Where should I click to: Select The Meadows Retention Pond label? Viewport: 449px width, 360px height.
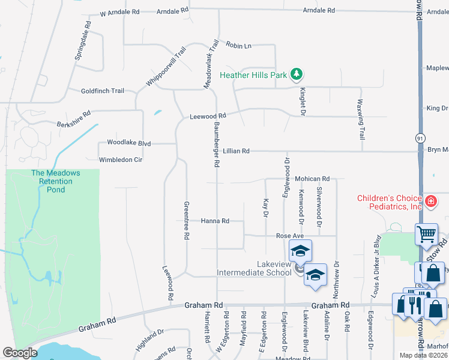56,181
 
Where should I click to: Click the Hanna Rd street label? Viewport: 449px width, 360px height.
215,221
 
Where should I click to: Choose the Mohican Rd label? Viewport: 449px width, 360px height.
312,179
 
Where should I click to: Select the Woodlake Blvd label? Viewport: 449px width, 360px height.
128,143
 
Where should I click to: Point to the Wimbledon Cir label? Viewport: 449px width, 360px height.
121,160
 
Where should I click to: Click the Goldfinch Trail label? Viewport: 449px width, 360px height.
103,91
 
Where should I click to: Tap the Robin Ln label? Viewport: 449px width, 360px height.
238,45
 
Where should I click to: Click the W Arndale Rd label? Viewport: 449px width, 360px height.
119,12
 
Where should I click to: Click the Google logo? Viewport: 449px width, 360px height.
20,353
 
